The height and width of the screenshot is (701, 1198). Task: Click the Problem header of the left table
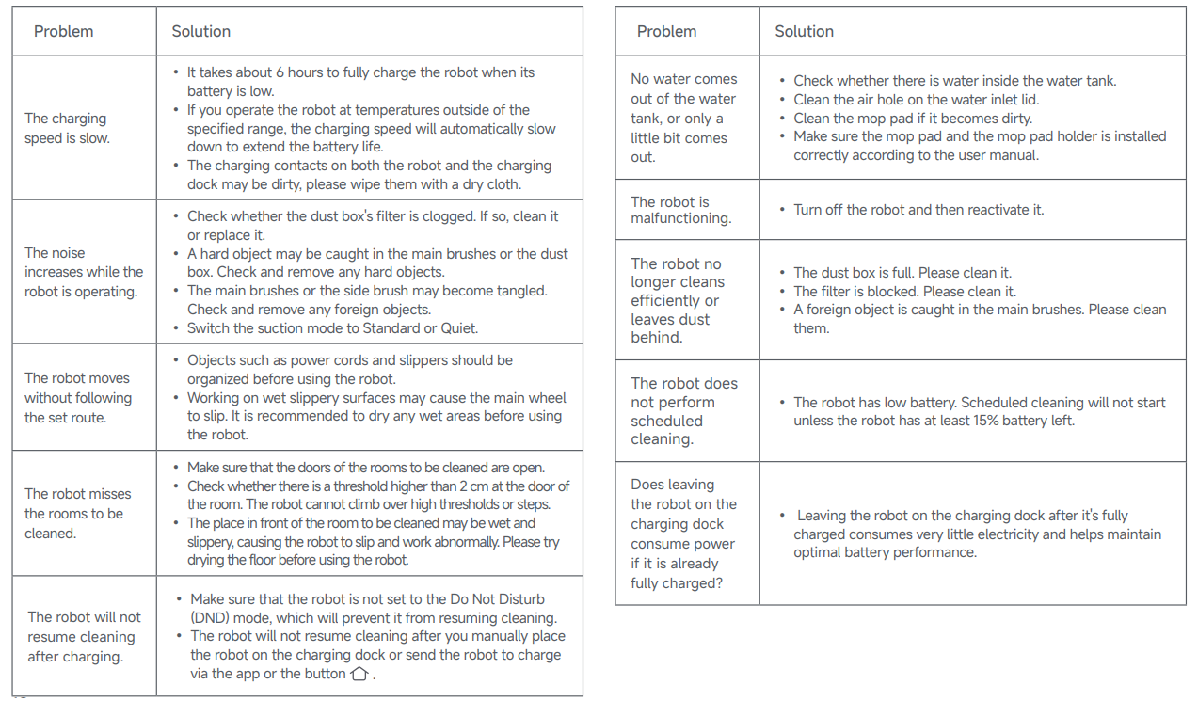click(63, 31)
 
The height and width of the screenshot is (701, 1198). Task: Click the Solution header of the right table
click(804, 31)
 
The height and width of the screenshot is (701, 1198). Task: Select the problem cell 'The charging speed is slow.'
click(67, 128)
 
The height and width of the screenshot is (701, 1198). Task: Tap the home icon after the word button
click(359, 674)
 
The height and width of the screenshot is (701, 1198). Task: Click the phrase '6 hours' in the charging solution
click(298, 72)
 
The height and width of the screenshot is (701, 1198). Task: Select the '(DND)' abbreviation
click(212, 618)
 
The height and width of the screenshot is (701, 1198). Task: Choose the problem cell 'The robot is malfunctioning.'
click(681, 210)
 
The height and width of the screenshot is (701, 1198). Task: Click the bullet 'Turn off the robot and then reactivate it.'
click(918, 210)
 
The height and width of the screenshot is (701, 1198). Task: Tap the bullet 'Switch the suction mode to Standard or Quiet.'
click(332, 328)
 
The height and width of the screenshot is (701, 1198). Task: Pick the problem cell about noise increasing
click(84, 272)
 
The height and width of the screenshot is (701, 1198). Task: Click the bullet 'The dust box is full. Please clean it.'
click(902, 273)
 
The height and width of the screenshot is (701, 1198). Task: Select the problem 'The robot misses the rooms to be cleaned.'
click(78, 513)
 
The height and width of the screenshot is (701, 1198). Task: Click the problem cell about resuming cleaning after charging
click(84, 636)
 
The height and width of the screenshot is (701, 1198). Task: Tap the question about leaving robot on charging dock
click(683, 534)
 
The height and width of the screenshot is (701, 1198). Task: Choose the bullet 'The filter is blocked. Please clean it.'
click(904, 292)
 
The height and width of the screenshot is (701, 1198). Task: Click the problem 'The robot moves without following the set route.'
click(78, 398)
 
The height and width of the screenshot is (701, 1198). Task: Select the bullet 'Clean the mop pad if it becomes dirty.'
click(912, 118)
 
